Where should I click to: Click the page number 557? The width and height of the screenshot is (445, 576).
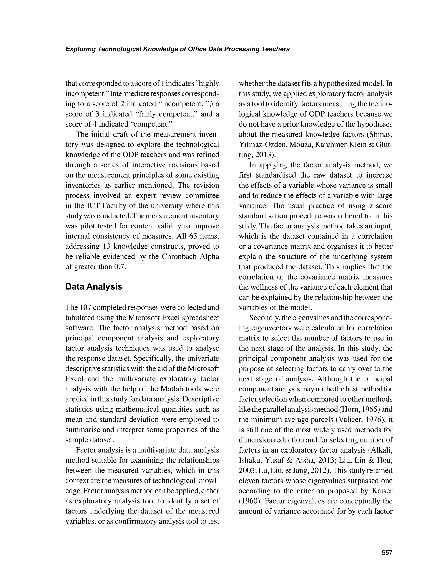tap(387, 553)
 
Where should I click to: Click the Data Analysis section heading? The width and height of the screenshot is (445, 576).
tap(94, 287)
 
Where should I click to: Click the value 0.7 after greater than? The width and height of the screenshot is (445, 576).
tap(120, 267)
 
